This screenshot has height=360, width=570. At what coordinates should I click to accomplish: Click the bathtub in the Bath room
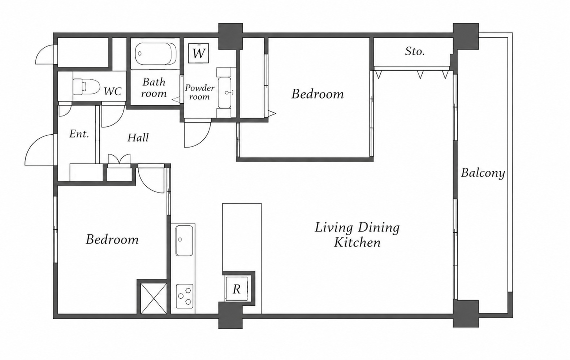click(156, 54)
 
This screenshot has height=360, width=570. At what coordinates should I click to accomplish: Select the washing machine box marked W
click(199, 53)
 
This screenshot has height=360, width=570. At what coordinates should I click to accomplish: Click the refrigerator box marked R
click(237, 289)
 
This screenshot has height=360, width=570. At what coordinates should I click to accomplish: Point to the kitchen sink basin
click(184, 240)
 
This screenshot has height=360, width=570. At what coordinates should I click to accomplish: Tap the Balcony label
click(483, 174)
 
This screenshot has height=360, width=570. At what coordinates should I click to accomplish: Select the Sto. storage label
click(415, 52)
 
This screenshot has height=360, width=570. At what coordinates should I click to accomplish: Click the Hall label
click(138, 138)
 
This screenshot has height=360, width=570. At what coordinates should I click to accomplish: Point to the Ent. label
click(79, 134)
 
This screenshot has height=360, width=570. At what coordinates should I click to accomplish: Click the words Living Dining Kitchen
click(357, 235)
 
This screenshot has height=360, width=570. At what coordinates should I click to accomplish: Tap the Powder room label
click(199, 92)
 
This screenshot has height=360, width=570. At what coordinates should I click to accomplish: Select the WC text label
click(112, 91)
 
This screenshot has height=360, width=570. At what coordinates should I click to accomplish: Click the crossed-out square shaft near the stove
click(154, 298)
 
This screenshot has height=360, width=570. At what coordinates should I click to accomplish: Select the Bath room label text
click(154, 87)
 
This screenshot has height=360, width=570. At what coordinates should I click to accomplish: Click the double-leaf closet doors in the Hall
click(119, 159)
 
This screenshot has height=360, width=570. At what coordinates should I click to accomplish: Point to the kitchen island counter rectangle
click(242, 237)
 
